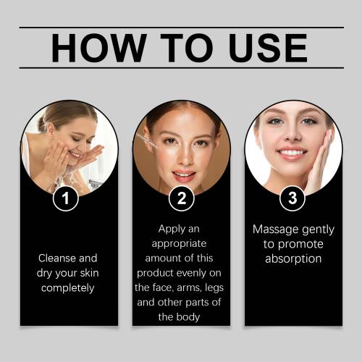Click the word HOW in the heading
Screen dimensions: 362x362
click(99, 48)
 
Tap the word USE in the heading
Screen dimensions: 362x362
click(268, 48)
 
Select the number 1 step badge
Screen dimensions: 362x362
click(66, 198)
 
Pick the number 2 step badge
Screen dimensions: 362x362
click(182, 198)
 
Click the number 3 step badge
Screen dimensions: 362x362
click(292, 198)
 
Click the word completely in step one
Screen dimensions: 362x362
click(67, 288)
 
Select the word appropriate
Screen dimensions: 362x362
click(179, 244)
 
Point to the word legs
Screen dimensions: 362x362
click(214, 288)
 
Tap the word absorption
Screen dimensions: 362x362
click(293, 259)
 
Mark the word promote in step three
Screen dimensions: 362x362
click(300, 244)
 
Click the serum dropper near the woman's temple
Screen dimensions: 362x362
click(146, 140)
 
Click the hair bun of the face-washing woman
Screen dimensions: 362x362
click(41, 125)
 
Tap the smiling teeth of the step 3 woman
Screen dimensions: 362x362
click(292, 153)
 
